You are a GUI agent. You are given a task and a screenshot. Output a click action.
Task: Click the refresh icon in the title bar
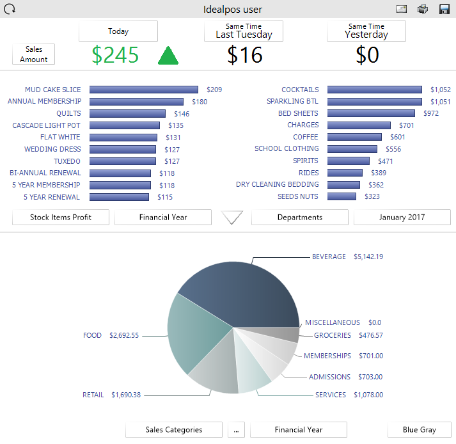pos(10,9)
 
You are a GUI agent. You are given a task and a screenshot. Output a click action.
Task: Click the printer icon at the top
pos(423,9)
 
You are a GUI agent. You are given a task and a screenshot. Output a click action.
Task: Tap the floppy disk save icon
pos(444,9)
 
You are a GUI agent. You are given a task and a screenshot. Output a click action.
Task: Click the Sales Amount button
pos(34,54)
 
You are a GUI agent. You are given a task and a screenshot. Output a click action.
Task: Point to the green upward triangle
pos(168,56)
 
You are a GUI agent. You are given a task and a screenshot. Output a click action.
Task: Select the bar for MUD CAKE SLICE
pos(144,90)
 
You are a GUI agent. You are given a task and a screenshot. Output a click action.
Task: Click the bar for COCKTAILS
pos(374,90)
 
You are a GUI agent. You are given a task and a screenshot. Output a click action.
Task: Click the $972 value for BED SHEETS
pos(431,113)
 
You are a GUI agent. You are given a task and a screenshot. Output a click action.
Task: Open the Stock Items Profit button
pos(61,218)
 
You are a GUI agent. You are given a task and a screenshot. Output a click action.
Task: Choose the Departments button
pos(300,218)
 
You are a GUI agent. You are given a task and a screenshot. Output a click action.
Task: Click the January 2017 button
pos(402,218)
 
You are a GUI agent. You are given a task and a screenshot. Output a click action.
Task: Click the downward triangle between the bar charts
pos(232,218)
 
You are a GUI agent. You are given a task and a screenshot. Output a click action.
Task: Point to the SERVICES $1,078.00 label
pos(349,395)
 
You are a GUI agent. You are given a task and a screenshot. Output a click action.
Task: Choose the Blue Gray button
pos(420,430)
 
